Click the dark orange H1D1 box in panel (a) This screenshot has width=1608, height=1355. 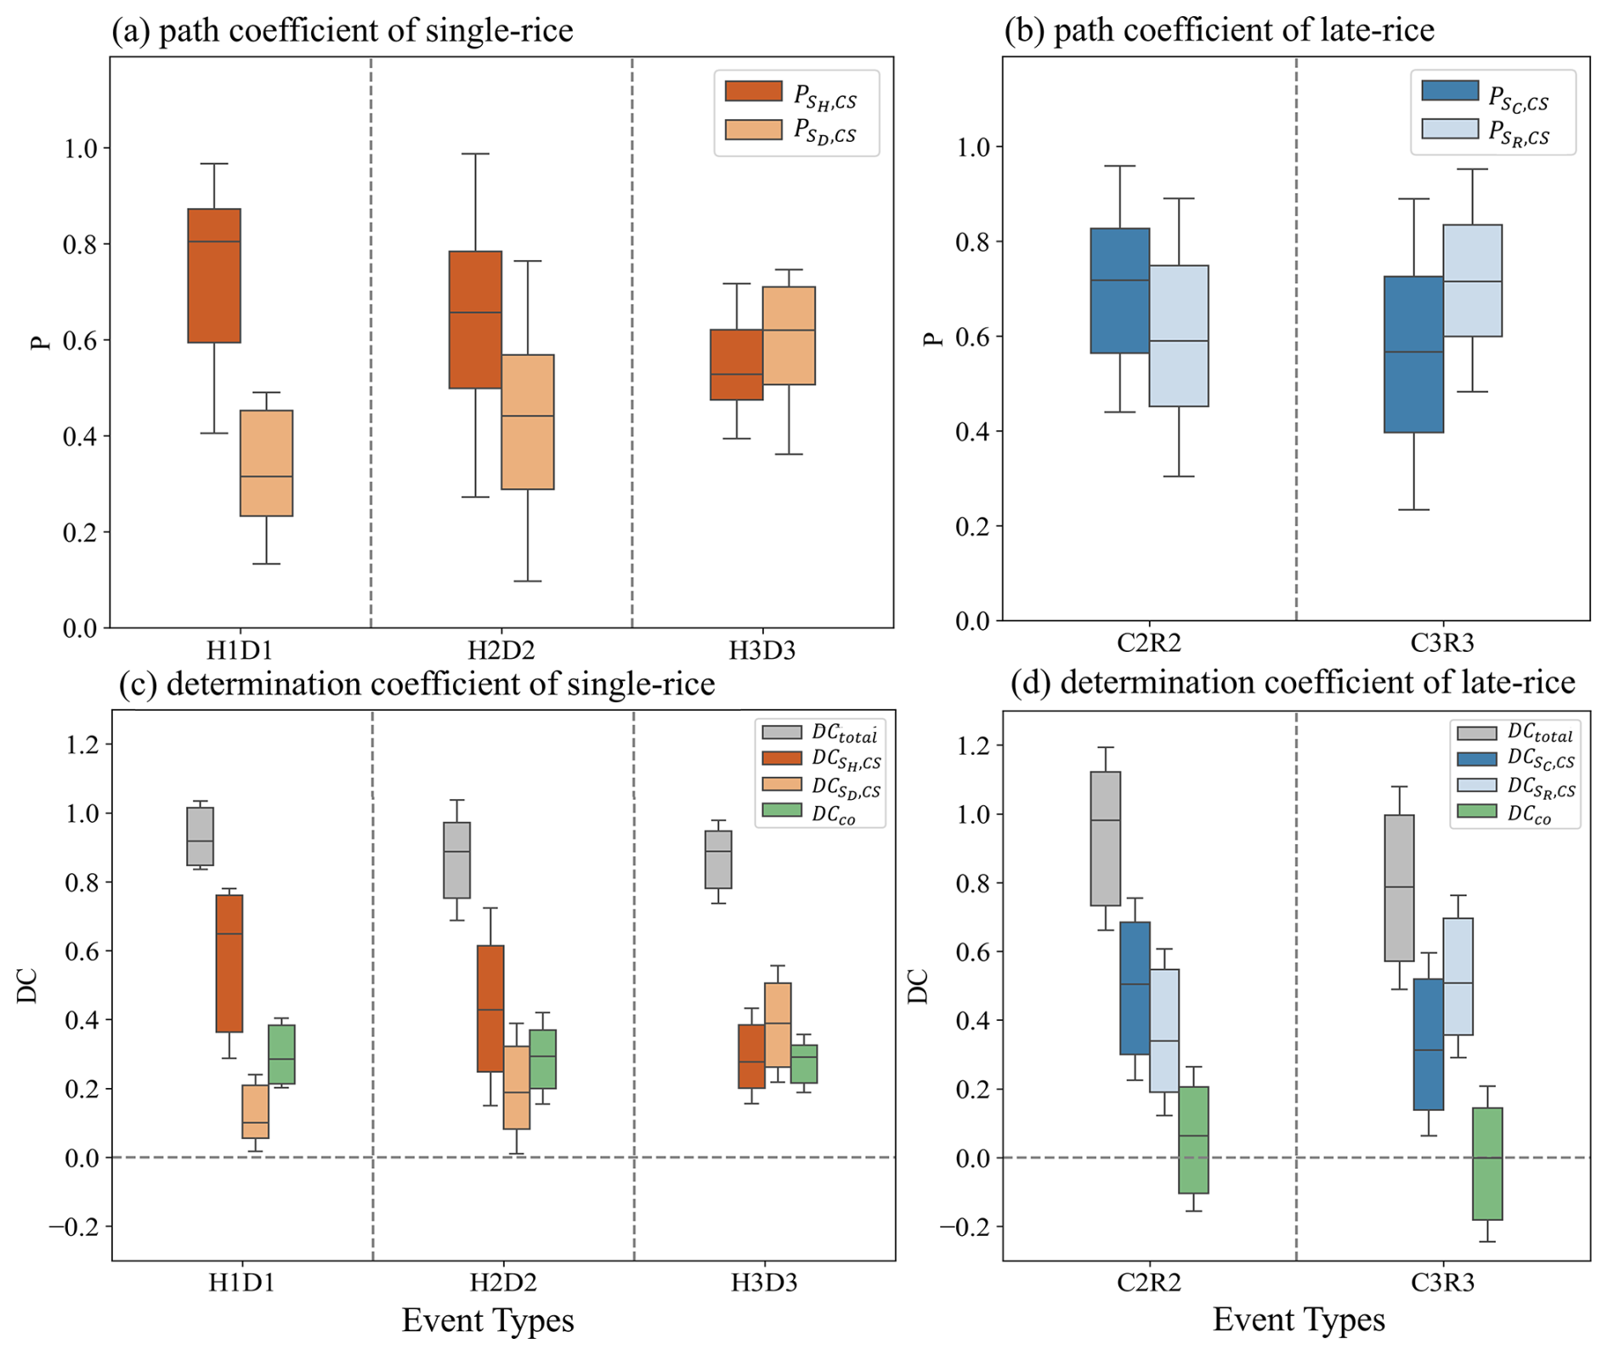214,275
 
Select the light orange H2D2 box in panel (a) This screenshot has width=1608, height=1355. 528,422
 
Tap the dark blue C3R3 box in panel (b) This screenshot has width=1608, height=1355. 1413,354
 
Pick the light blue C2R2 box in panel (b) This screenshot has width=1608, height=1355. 1179,336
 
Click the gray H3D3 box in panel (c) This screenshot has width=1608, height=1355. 718,859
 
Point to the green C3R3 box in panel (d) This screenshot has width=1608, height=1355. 1487,1163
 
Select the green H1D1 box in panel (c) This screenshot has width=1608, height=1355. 281,1054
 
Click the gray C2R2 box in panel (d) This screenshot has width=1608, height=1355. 1105,838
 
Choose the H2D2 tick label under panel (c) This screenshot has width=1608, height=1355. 502,1282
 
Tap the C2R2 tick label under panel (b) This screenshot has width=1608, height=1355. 1148,643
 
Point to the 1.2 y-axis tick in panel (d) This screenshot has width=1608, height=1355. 972,746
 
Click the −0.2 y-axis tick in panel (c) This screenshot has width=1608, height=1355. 75,1227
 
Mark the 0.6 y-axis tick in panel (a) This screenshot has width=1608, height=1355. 81,340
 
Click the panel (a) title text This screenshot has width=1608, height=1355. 343,31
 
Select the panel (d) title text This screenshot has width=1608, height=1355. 1292,683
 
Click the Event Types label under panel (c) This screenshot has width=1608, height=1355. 488,1320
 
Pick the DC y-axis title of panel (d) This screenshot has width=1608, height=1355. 918,986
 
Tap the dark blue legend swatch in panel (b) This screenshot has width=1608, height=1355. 1450,91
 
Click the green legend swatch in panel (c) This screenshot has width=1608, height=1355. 782,810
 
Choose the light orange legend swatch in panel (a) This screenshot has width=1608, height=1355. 753,129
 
